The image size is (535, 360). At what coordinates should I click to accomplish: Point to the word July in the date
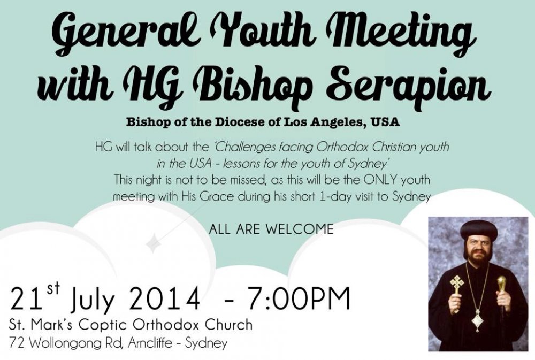coord(92,300)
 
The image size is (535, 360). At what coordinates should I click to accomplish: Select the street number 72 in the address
coord(17,342)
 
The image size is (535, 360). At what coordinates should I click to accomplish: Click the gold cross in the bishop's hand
coord(456,292)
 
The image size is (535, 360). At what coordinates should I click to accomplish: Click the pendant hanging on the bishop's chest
coord(477,321)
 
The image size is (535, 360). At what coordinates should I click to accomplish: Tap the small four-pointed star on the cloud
coord(154,243)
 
